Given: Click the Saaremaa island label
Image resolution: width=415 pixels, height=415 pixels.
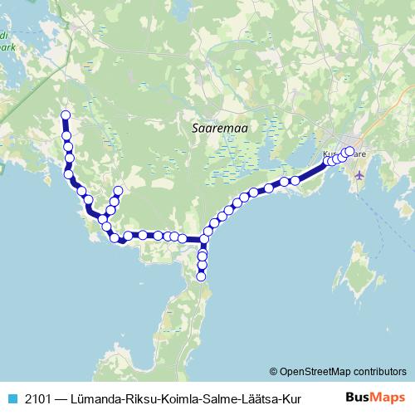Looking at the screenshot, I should coord(214,129).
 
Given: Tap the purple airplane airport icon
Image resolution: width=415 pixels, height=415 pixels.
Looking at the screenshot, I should coord(359,174).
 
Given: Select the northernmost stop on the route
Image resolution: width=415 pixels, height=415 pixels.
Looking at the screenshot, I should coord(66,116).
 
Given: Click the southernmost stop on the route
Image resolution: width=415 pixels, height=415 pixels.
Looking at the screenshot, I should coord(202,277).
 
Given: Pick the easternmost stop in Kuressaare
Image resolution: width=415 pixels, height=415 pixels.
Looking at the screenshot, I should coord(349,151).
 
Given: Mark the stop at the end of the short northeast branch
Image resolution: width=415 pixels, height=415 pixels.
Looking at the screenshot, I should coord(117,192).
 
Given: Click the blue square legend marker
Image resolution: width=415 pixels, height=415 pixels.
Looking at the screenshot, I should coord(12,398).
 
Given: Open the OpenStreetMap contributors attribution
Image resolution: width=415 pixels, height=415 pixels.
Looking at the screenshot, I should coord(344,371).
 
